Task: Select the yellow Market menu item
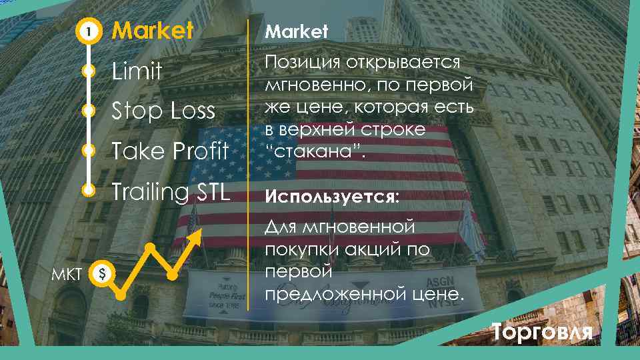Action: [x=153, y=31]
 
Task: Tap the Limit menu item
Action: [x=137, y=71]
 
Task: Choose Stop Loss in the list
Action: [x=163, y=111]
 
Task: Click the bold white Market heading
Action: [x=297, y=31]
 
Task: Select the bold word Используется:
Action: [x=333, y=197]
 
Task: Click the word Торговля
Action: [x=541, y=331]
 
